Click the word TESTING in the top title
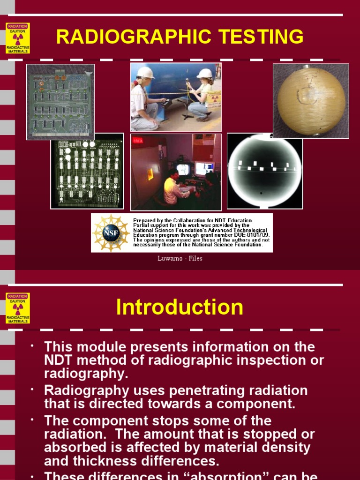click(257, 37)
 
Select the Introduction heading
click(180, 307)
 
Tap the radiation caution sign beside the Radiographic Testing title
click(18, 38)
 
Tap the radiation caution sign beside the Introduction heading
click(18, 308)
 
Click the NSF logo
click(111, 233)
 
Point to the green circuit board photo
click(60, 102)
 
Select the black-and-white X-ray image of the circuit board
click(87, 171)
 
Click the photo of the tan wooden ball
click(311, 101)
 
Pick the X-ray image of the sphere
click(265, 171)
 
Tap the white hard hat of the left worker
click(145, 72)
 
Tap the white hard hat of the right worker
click(205, 74)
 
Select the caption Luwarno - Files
click(180, 258)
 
